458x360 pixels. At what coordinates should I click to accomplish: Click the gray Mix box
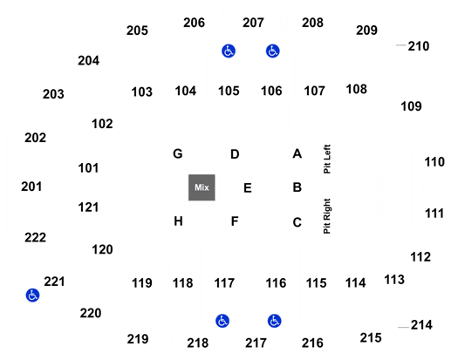pos(202,187)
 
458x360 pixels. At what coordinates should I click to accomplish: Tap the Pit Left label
pos(327,160)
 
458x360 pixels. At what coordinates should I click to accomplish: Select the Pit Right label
pos(327,216)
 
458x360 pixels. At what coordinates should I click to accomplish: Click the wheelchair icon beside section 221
pos(32,295)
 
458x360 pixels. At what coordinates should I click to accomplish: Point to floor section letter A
pos(297,153)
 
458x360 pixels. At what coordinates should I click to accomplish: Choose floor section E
pos(248,188)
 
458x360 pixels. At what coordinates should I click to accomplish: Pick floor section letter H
pos(178,221)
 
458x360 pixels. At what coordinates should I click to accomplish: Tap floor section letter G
pos(178,153)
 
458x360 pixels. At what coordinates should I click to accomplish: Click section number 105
pos(229,91)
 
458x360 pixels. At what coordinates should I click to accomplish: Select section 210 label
pos(419,46)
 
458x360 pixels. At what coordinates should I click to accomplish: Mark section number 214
pos(421,325)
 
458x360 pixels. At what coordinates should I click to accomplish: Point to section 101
pos(88,168)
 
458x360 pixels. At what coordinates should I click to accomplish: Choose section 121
pos(88,207)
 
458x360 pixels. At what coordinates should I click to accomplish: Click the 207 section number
pos(253,23)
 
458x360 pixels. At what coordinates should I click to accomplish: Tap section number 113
pos(394,280)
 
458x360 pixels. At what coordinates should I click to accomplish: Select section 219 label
pos(138,339)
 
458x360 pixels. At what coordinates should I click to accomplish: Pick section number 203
pos(53,94)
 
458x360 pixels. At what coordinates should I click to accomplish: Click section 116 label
pos(276,283)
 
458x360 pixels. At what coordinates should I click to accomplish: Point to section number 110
pos(434,162)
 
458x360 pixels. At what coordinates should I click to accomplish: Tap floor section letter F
pos(235,221)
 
